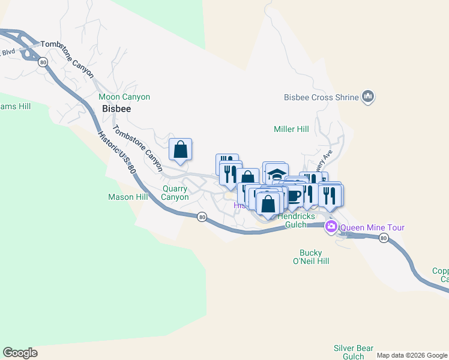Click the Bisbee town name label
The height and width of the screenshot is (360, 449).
click(x=116, y=110)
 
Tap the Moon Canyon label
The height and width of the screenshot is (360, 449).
click(x=124, y=97)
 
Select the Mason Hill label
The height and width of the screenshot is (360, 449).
click(x=128, y=197)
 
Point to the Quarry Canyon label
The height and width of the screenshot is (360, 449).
click(x=175, y=192)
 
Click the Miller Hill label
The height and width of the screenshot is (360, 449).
click(x=291, y=129)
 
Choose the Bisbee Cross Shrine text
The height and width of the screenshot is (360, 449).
click(x=321, y=97)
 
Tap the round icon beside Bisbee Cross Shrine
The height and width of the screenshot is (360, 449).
click(x=368, y=97)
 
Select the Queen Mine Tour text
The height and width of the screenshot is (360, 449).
click(x=372, y=227)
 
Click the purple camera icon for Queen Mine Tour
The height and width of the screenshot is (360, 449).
click(x=331, y=227)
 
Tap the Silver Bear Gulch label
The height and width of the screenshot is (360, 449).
click(x=354, y=352)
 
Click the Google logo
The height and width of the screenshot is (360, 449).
click(x=20, y=353)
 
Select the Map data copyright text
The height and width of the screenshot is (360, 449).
click(x=412, y=355)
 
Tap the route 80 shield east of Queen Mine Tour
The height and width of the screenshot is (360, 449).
click(x=383, y=239)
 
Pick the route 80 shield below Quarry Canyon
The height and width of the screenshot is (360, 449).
click(x=202, y=217)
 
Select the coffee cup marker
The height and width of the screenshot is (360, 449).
click(x=294, y=195)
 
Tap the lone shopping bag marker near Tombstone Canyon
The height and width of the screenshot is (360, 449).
click(x=180, y=149)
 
